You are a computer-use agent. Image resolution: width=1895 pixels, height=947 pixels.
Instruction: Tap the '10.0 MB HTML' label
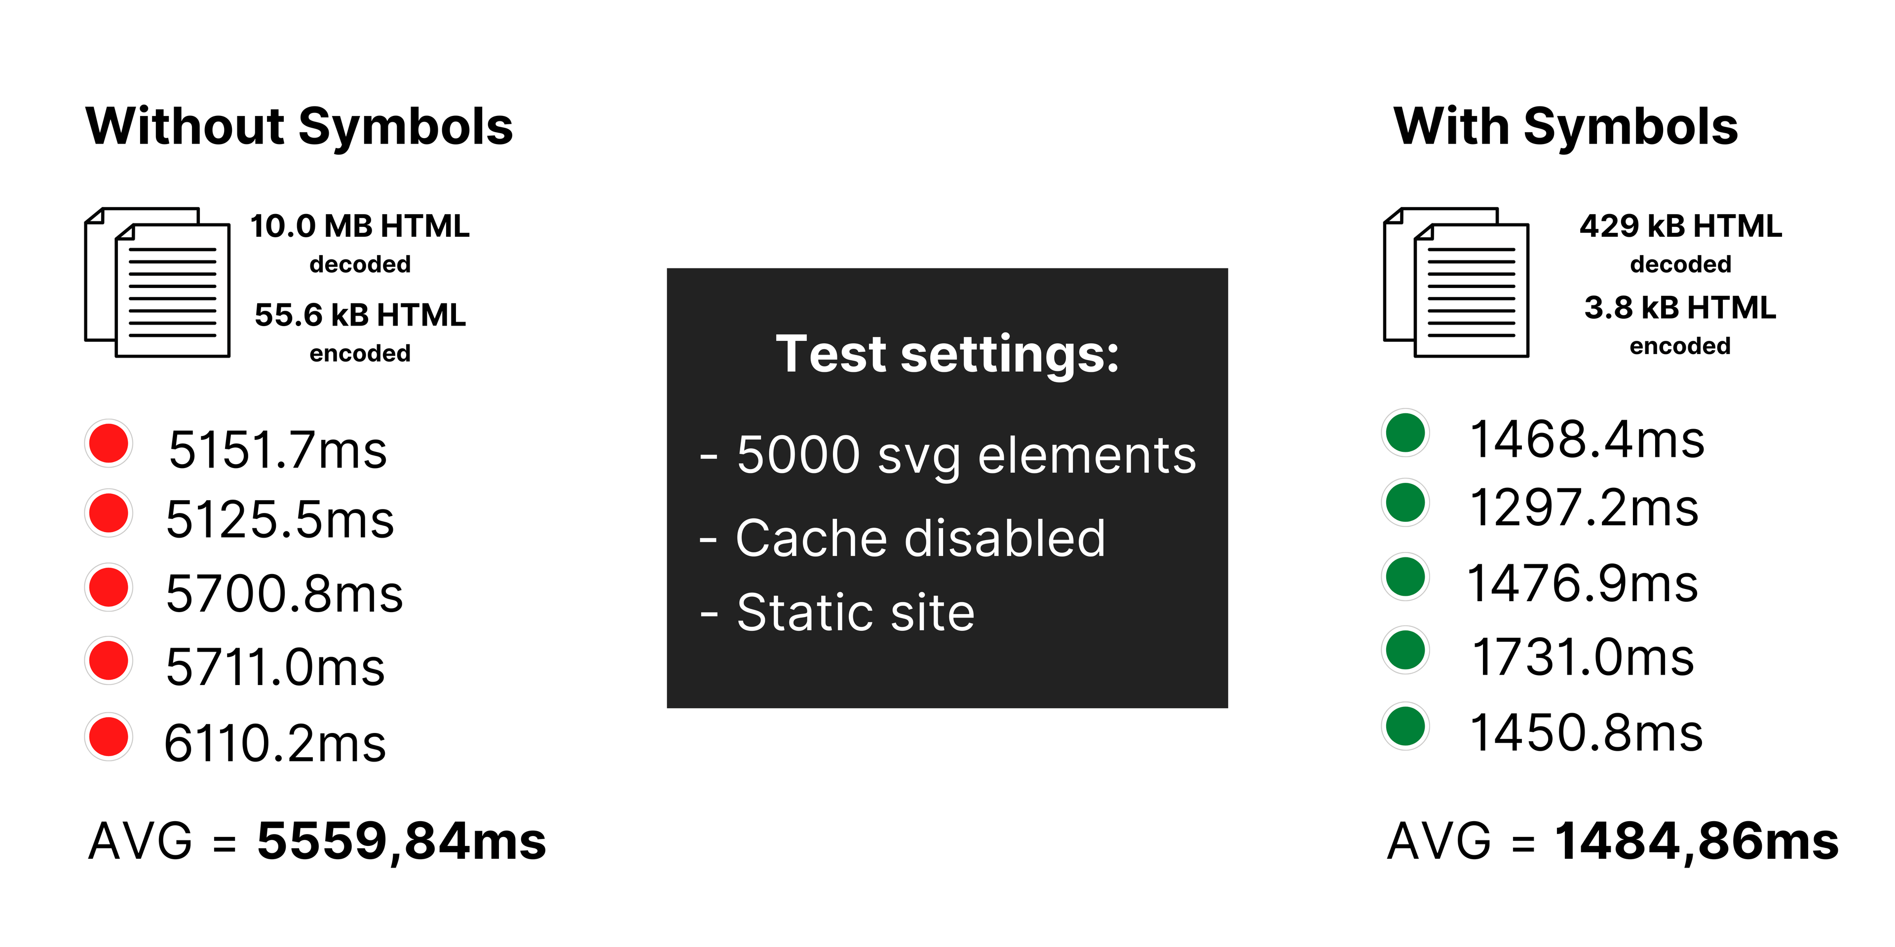(360, 226)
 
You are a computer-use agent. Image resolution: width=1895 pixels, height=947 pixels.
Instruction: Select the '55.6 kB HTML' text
(360, 316)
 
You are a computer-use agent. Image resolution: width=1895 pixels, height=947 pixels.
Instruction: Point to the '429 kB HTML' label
(1680, 226)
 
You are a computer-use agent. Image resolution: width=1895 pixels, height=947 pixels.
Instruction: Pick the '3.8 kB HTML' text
(1680, 308)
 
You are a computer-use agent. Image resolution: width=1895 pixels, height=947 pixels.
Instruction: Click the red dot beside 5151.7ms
(109, 443)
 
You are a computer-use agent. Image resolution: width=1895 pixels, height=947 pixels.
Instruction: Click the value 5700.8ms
(284, 593)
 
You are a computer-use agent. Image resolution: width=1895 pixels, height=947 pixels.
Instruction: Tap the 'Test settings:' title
(947, 355)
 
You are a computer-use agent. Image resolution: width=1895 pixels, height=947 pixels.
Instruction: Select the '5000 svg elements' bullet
(965, 455)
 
